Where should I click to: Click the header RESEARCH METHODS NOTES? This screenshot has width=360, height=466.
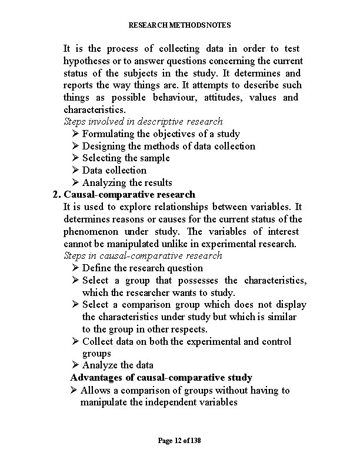[x=179, y=25]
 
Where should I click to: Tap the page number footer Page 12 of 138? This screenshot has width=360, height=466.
[x=179, y=441]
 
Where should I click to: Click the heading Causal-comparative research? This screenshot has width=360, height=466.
[x=129, y=194]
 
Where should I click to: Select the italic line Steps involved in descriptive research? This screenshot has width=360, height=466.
[x=143, y=121]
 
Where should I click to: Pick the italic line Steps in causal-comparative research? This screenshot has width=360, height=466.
[x=143, y=255]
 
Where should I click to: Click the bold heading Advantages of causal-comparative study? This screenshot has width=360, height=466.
[x=161, y=377]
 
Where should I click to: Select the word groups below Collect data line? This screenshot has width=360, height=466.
[x=96, y=353]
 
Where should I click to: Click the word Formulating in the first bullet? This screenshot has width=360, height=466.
[x=108, y=134]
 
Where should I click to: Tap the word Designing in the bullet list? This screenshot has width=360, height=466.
[x=104, y=146]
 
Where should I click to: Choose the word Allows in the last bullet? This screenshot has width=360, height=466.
[x=94, y=390]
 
